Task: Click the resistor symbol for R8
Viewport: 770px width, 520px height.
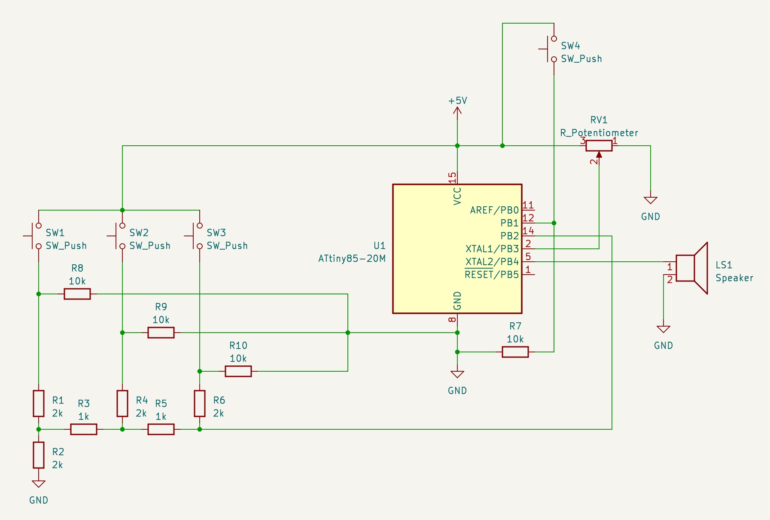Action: click(77, 294)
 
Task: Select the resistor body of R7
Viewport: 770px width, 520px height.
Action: click(515, 352)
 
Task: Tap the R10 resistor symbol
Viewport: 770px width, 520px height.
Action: click(238, 371)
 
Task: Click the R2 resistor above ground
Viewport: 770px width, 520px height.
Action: click(39, 455)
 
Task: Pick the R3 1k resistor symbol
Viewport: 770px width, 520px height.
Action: click(84, 429)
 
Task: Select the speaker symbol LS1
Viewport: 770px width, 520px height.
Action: click(691, 268)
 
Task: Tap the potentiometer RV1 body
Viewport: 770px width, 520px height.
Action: click(599, 146)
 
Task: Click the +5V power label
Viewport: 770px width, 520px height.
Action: click(457, 101)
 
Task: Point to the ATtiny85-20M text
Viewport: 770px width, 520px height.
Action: click(352, 259)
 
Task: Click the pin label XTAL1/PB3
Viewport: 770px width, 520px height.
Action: click(492, 249)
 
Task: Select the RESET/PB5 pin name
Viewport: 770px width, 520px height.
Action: click(492, 275)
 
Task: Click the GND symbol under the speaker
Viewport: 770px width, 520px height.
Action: click(663, 330)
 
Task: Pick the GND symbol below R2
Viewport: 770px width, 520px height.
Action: click(39, 484)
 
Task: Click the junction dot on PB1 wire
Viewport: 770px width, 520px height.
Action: click(554, 223)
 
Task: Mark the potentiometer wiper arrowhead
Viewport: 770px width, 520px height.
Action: click(599, 154)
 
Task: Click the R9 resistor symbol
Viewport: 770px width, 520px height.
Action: click(161, 333)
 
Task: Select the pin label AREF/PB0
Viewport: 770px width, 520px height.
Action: click(494, 210)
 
